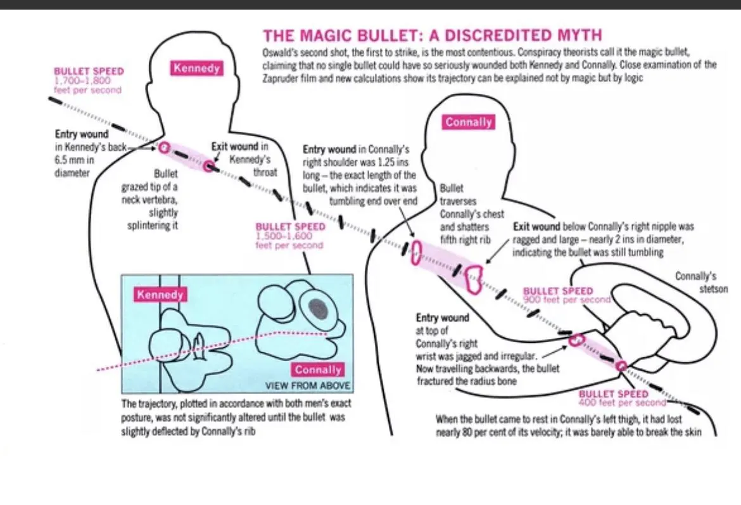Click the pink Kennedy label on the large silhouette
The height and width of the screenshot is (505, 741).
coord(196,68)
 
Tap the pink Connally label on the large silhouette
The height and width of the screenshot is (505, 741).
coord(469,122)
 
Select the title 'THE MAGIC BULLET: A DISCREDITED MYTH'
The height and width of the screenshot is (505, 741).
coord(432,35)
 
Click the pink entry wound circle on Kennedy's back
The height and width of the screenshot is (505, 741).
coord(164,148)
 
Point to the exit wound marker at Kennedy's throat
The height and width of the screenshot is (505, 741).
coord(209,166)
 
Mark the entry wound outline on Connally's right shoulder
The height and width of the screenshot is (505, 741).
coord(416,252)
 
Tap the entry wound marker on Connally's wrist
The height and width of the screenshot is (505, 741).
coord(576,340)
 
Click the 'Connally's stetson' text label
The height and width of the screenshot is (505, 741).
coord(695,283)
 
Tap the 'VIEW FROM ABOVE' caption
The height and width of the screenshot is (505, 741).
coord(307,385)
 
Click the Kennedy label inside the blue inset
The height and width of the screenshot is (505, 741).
coord(160,295)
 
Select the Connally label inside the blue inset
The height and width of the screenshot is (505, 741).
coord(318,369)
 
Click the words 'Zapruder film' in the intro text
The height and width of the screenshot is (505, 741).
coord(290,79)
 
